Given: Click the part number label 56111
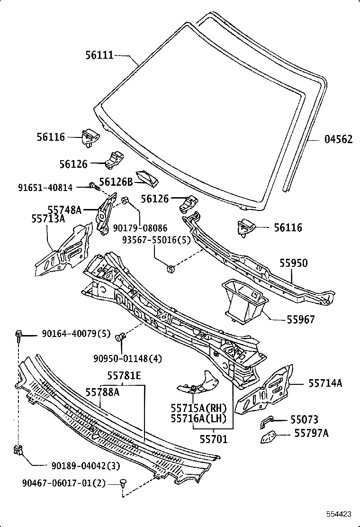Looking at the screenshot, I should click(99, 55).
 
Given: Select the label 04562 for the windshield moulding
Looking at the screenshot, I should click(338, 139).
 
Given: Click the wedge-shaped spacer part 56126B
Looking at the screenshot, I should click(147, 177).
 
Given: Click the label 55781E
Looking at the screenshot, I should click(124, 376).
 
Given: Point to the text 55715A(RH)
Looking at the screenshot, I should click(199, 408).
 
